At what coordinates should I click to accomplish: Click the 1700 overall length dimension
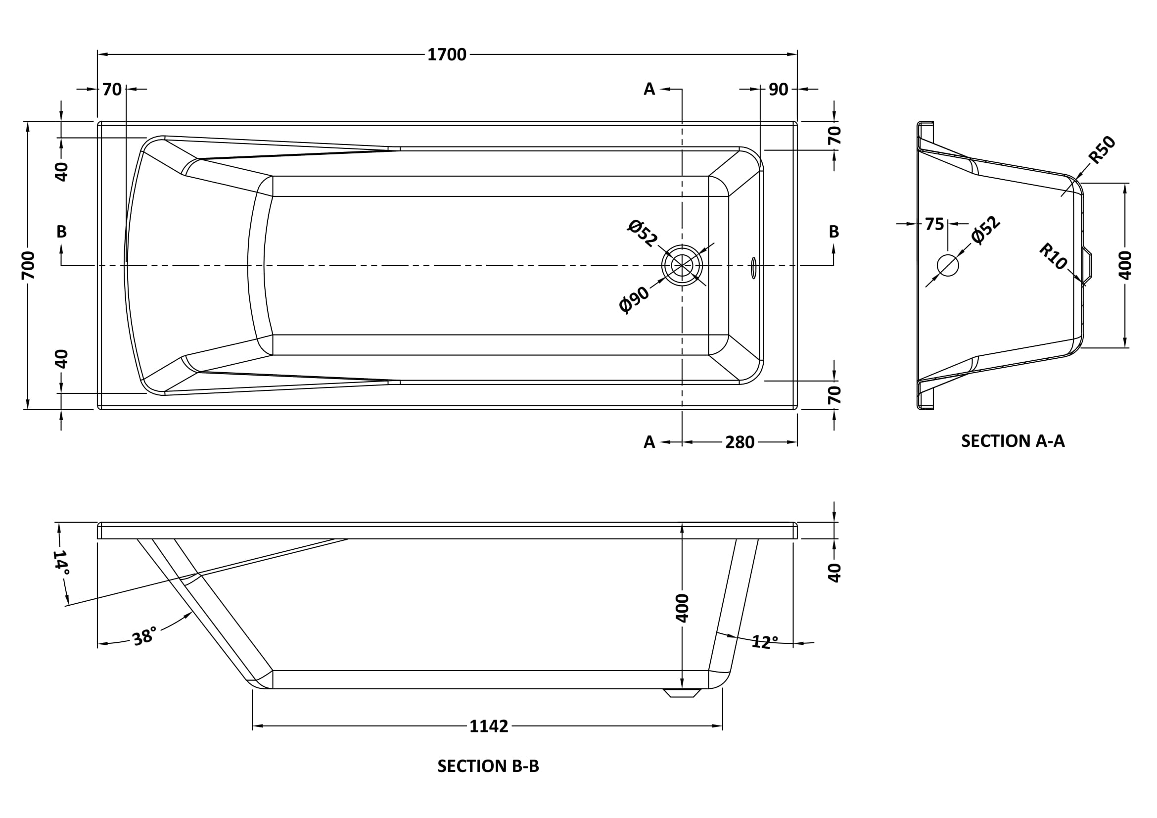coord(447,54)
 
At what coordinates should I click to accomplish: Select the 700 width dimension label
coord(28,265)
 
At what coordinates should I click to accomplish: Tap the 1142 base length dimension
coord(488,726)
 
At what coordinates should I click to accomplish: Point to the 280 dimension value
coord(739,442)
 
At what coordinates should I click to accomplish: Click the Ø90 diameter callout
coord(635,300)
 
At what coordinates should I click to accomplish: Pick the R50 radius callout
coord(1102,150)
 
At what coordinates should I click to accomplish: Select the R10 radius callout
coord(1053,256)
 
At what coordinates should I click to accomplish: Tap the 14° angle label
coord(61,562)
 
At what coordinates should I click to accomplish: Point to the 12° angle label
coord(764,642)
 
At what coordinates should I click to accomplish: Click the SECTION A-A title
coord(1013,441)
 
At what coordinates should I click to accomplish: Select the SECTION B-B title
coord(488,766)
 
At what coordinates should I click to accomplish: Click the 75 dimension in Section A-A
coord(934,224)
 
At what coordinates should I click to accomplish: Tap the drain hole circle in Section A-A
coord(947,265)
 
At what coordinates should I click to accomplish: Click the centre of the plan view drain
coord(682,265)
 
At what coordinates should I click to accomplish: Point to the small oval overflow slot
coord(753,268)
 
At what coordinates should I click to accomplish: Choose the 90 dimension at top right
coord(778,90)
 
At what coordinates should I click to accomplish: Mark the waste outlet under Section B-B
coord(682,693)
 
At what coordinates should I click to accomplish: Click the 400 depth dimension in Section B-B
coord(682,608)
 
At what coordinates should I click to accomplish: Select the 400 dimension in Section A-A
coord(1125,265)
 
